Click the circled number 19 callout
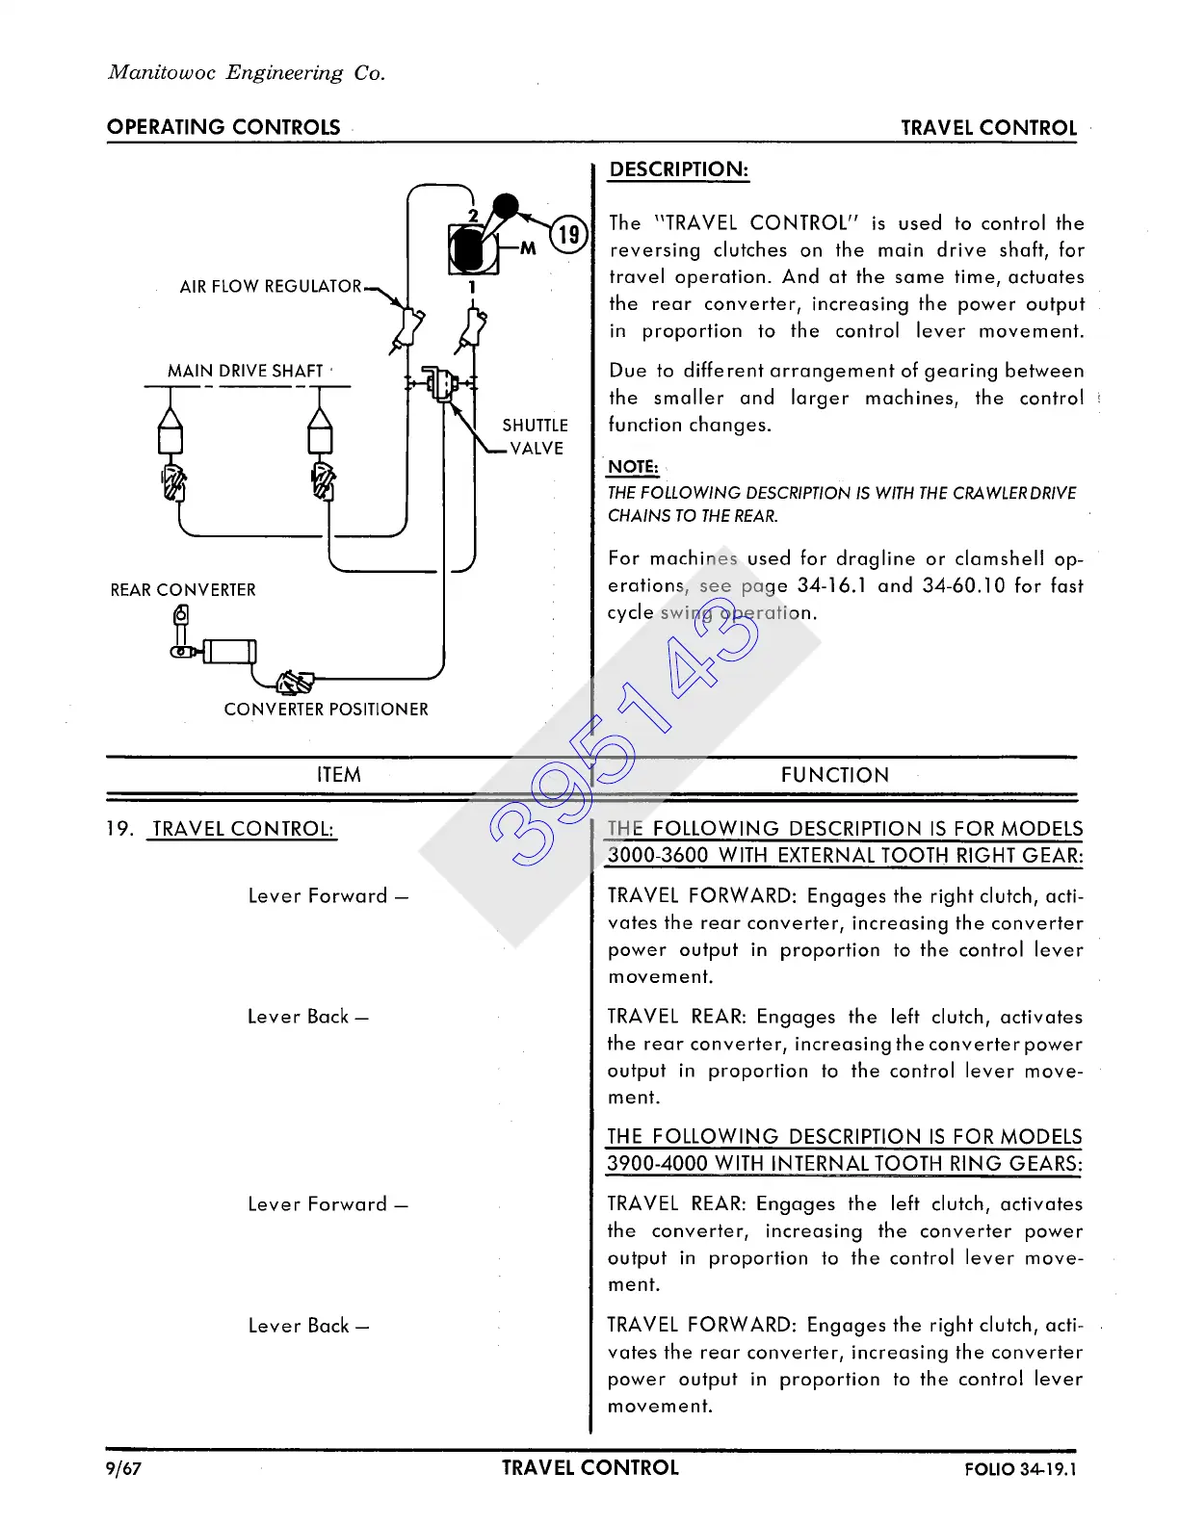pyautogui.click(x=569, y=234)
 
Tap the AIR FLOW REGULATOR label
pyautogui.click(x=271, y=287)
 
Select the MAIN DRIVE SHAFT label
pyautogui.click(x=245, y=372)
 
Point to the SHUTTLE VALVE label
pyautogui.click(x=535, y=436)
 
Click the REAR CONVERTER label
pyautogui.click(x=183, y=590)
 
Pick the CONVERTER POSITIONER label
pyautogui.click(x=326, y=710)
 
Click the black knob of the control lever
pyautogui.click(x=505, y=205)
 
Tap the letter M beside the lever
pyautogui.click(x=528, y=248)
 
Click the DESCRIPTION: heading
pyautogui.click(x=679, y=169)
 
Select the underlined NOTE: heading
pyautogui.click(x=633, y=467)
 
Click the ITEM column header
pyautogui.click(x=339, y=775)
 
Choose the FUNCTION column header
pyautogui.click(x=835, y=775)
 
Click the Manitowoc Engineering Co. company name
pyautogui.click(x=247, y=73)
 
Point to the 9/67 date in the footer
pyautogui.click(x=124, y=1468)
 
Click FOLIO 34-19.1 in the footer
pyautogui.click(x=1020, y=1469)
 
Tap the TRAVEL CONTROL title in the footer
pyautogui.click(x=589, y=1468)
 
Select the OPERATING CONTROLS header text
pyautogui.click(x=223, y=128)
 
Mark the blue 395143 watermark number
pyautogui.click(x=622, y=741)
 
